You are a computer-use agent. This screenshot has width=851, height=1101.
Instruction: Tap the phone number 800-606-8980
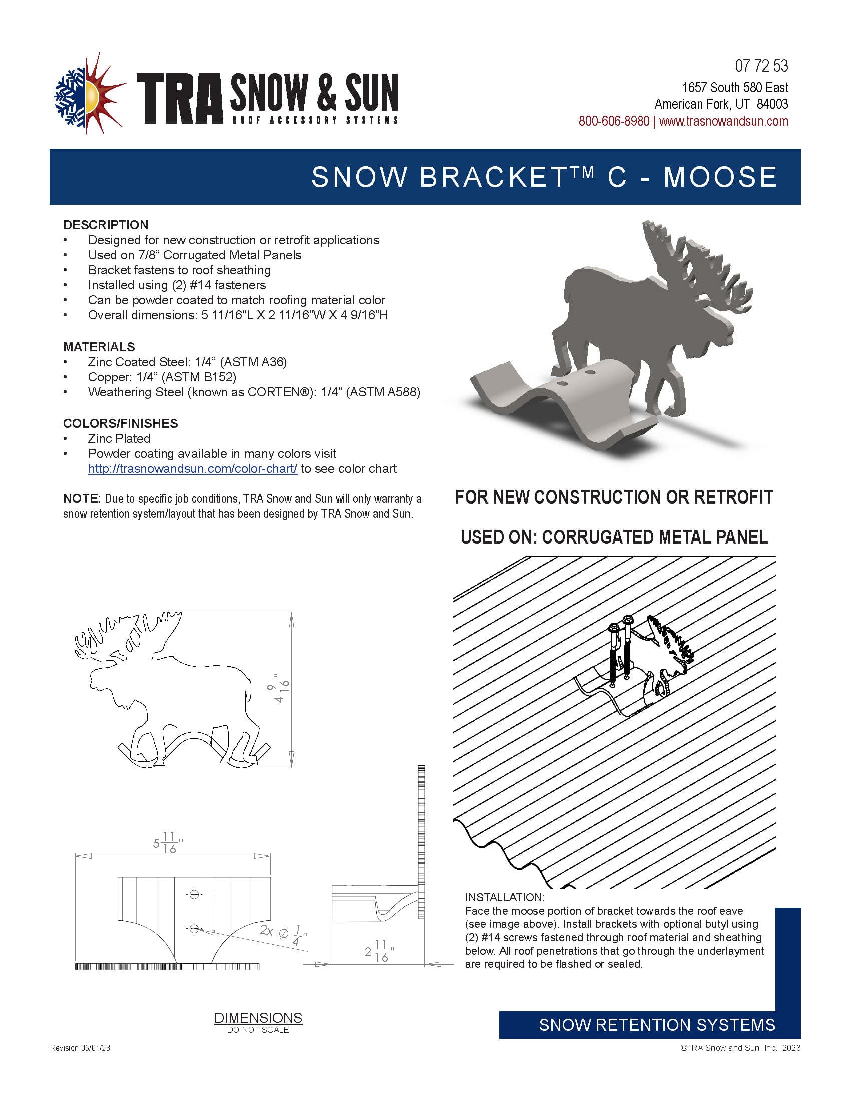(x=614, y=121)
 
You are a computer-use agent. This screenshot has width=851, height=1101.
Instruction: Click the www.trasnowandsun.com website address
(x=723, y=121)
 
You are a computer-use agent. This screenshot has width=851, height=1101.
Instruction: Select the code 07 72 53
(x=761, y=66)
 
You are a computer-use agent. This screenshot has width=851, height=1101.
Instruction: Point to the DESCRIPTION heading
(x=106, y=225)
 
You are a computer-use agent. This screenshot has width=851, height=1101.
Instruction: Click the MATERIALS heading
(x=99, y=347)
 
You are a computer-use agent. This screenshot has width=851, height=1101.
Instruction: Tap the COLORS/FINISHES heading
(x=121, y=423)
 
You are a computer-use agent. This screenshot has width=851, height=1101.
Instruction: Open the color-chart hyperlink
(x=193, y=469)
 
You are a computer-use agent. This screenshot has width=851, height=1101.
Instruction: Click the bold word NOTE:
(x=82, y=499)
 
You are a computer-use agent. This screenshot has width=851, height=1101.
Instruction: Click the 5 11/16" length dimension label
(x=168, y=843)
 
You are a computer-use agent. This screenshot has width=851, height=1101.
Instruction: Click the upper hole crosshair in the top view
(x=194, y=895)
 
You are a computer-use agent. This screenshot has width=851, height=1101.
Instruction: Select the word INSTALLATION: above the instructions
(x=505, y=897)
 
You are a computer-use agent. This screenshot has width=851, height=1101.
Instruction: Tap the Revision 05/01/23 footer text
(x=80, y=1048)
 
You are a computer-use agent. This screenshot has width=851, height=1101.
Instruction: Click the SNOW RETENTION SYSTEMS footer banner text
(x=656, y=1025)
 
